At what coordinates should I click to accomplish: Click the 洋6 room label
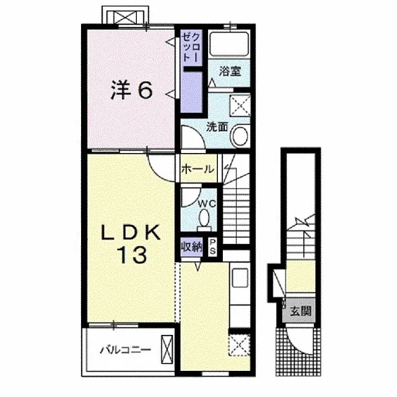[132, 90]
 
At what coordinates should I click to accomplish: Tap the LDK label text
[131, 232]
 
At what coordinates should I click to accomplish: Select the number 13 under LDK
[132, 255]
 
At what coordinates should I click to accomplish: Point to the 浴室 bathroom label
[230, 71]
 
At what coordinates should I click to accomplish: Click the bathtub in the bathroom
[229, 45]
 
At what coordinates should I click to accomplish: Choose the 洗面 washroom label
[216, 127]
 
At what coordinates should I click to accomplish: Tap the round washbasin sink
[240, 136]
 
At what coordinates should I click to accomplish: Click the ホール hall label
[197, 169]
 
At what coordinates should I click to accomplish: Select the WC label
[207, 203]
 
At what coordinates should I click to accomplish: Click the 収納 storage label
[192, 247]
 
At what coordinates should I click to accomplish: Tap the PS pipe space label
[212, 247]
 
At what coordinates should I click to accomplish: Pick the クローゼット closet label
[192, 48]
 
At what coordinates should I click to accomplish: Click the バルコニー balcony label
[126, 350]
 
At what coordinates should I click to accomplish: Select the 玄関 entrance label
[300, 311]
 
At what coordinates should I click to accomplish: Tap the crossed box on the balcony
[167, 349]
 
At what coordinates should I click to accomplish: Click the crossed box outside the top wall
[125, 18]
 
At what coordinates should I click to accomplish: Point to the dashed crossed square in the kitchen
[239, 345]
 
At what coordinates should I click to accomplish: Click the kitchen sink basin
[240, 278]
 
